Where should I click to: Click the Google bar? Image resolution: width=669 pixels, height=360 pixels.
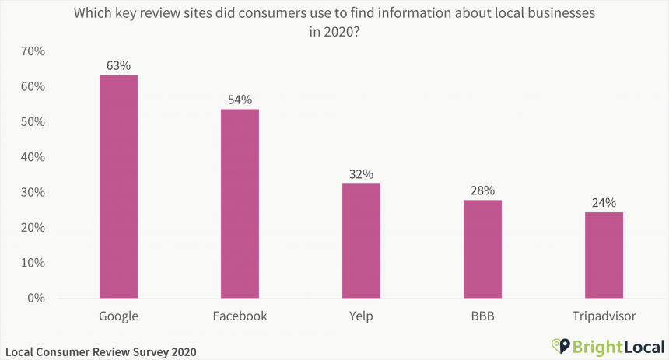pos(118,187)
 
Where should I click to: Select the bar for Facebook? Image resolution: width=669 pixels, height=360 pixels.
pos(240,203)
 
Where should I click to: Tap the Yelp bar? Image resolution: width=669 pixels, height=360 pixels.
pos(361,241)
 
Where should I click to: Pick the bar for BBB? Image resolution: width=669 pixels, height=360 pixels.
pos(482,249)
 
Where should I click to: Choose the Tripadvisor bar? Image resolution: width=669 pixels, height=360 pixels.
pos(604,255)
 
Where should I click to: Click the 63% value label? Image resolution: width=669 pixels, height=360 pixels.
pos(118,65)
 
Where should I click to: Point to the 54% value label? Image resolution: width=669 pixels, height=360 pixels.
pos(240,99)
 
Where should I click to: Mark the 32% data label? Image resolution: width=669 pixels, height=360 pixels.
pos(361,173)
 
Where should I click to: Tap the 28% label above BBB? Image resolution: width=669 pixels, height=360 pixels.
pos(482,190)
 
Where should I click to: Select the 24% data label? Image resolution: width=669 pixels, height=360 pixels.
pos(604,202)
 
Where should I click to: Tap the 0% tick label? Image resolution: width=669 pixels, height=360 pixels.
pos(36,298)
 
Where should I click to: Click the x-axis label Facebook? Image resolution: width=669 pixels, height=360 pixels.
pos(240,316)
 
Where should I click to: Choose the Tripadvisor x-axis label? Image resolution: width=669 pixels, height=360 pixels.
pos(604,316)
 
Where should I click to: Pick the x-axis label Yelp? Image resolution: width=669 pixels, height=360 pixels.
pos(361,316)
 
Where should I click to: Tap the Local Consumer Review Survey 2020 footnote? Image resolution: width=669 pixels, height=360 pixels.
pos(100,351)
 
